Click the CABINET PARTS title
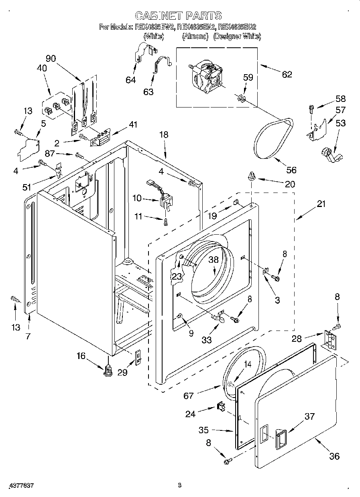(178, 16)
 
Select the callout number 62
(287, 74)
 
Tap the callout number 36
(334, 456)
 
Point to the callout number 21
(321, 204)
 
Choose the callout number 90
(51, 58)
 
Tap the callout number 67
(188, 396)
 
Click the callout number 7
(27, 336)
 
